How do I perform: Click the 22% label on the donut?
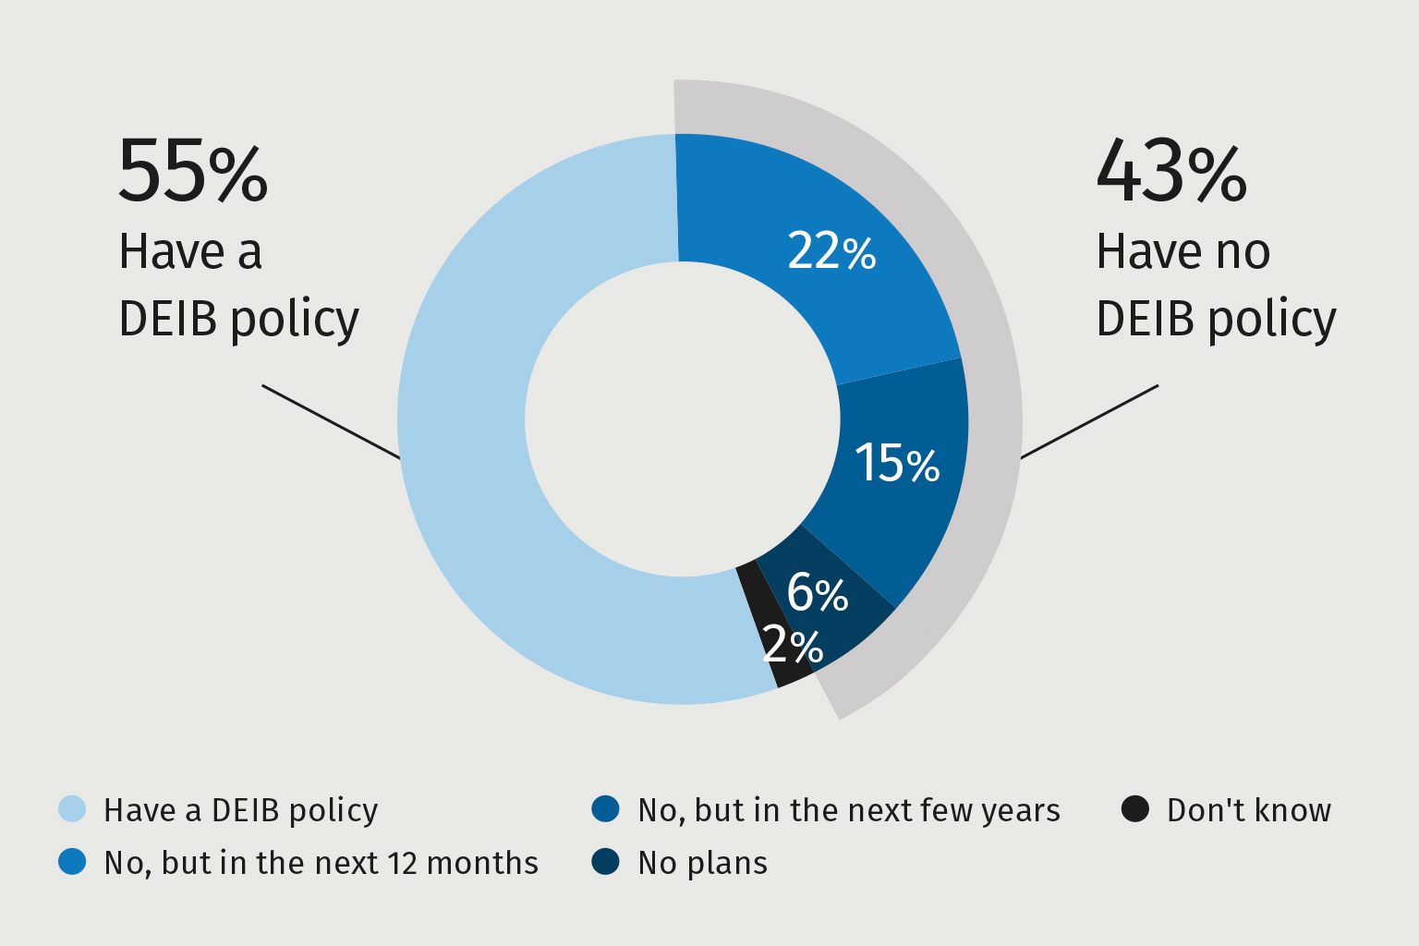coord(831,251)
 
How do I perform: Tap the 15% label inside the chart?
coord(896,462)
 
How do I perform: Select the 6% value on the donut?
coord(817,592)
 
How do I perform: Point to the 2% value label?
coord(793,645)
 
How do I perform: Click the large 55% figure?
coord(192,171)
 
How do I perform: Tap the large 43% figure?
coord(1170,171)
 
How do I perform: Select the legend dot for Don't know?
coord(1134,809)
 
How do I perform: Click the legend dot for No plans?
coord(605,862)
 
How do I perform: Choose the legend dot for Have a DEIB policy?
coord(72,809)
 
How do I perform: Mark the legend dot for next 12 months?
coord(72,862)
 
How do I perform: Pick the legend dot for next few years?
coord(605,809)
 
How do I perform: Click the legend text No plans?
coord(702,863)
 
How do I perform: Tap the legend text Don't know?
coord(1248,810)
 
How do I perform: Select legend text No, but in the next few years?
coord(848,810)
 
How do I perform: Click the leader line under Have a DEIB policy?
coord(331,421)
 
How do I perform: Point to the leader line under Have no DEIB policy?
coord(1089,421)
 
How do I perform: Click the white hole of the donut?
coord(683,419)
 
